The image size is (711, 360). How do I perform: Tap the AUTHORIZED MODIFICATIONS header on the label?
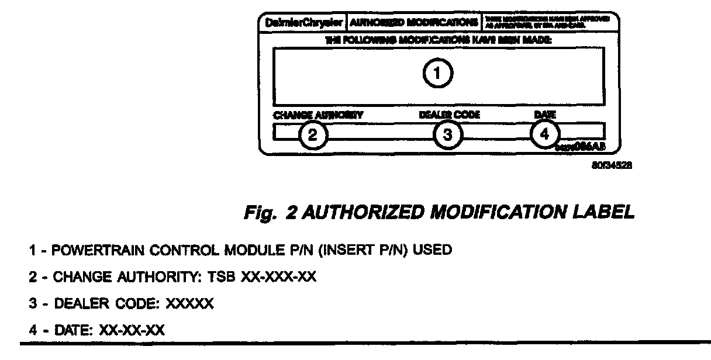(x=413, y=23)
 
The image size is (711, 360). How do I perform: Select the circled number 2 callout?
(x=313, y=135)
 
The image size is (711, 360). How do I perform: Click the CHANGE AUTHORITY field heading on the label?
(x=318, y=115)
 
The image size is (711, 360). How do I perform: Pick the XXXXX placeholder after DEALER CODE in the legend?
(x=190, y=304)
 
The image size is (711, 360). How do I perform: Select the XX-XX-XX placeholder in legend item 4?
(x=132, y=331)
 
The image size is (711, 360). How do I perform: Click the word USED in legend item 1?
(x=432, y=251)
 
